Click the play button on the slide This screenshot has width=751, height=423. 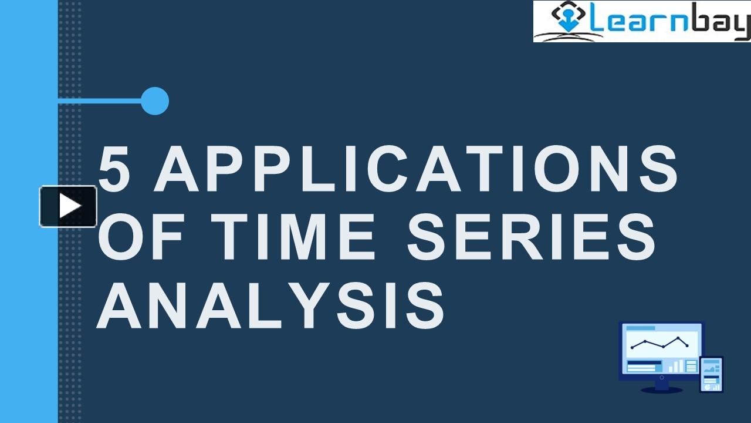click(68, 206)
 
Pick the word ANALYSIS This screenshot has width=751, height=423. click(270, 305)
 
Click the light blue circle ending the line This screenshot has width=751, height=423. click(155, 101)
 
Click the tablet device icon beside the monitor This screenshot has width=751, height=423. click(712, 374)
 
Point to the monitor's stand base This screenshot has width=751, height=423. click(661, 389)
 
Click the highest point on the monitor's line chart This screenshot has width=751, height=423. click(679, 338)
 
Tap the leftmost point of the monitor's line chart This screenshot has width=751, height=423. click(632, 347)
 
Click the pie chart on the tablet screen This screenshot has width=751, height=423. click(706, 387)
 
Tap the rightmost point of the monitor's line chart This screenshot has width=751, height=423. click(687, 345)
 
